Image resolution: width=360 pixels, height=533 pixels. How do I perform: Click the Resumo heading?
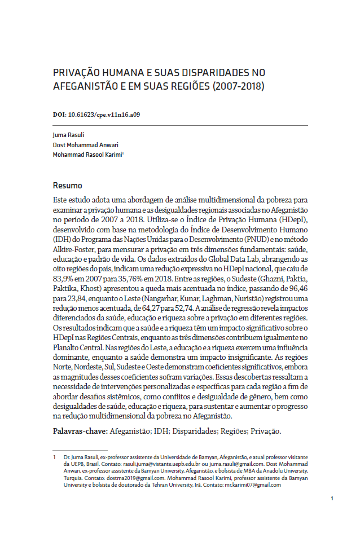pos(67,186)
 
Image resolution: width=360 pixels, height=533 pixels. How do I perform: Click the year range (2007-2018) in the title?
pos(235,87)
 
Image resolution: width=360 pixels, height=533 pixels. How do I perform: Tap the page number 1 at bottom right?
pos(332,498)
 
